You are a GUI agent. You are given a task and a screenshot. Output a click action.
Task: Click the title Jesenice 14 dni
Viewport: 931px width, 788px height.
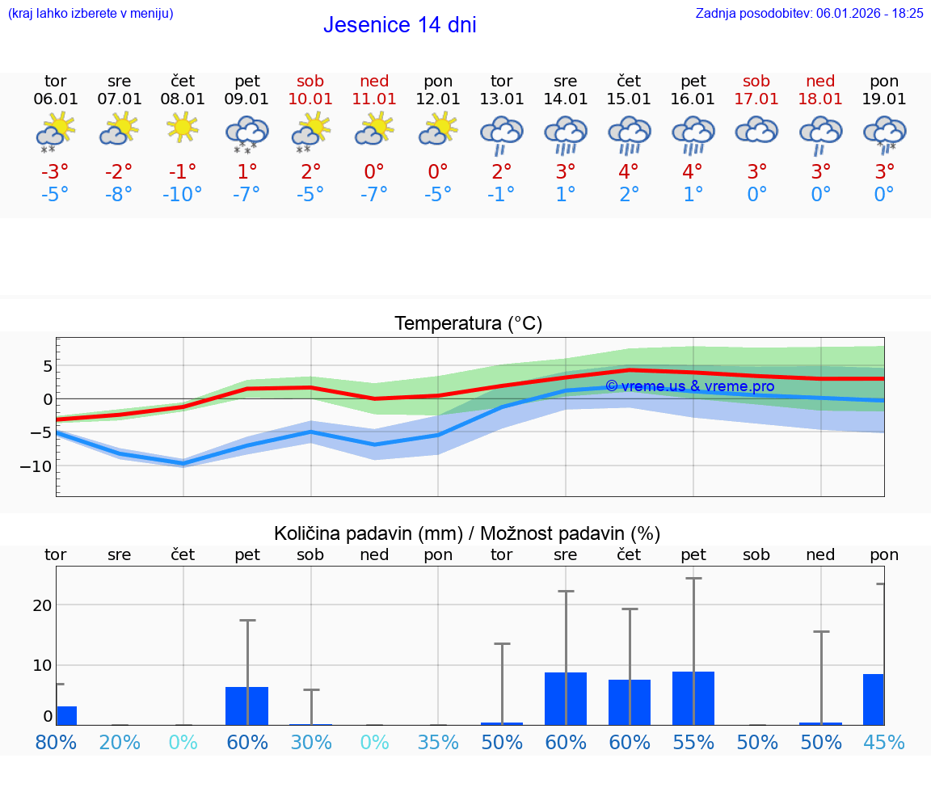(x=399, y=25)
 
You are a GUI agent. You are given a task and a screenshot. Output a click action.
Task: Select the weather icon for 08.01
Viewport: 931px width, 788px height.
(x=183, y=128)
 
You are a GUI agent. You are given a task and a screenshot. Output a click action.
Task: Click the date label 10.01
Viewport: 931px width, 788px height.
(x=310, y=99)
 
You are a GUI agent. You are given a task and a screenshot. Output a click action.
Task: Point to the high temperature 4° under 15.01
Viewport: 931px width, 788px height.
(x=629, y=171)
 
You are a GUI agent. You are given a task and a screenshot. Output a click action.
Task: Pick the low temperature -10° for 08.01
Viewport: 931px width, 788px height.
(x=183, y=195)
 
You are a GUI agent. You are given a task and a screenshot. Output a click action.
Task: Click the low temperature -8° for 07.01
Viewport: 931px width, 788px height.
(x=119, y=195)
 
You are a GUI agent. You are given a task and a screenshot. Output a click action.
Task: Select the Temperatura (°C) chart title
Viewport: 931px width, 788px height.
(x=468, y=324)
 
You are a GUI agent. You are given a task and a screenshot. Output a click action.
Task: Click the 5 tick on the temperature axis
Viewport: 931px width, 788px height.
(x=48, y=366)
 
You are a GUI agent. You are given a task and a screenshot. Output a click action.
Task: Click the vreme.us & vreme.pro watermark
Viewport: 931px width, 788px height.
(x=689, y=386)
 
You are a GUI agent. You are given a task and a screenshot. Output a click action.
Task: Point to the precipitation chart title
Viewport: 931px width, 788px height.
(x=467, y=533)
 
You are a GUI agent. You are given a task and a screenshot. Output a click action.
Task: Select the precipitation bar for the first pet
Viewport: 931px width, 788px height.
(x=246, y=706)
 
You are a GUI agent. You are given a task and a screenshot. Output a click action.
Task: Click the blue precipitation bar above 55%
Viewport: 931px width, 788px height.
(x=693, y=698)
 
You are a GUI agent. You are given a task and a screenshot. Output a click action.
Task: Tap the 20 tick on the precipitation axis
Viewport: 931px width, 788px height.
(x=42, y=605)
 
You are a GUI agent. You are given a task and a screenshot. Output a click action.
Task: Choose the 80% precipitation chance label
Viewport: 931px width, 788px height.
(x=56, y=742)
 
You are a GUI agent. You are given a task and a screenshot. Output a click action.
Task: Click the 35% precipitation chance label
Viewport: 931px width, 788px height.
(x=438, y=742)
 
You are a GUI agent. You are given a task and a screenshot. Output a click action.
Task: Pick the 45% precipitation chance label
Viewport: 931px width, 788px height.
(x=884, y=742)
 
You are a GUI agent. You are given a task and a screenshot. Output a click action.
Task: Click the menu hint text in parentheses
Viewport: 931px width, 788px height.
(x=90, y=13)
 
